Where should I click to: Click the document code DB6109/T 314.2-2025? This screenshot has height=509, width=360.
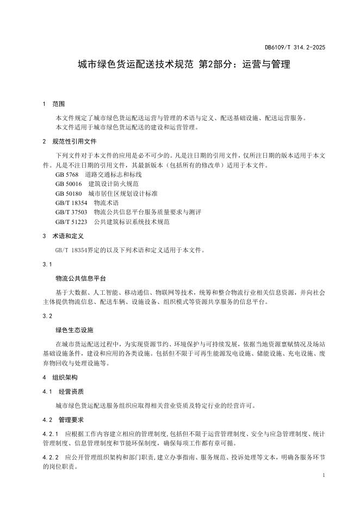click(295, 47)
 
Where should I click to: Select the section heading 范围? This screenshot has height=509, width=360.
click(59, 104)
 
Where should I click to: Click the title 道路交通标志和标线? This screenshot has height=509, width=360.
click(114, 175)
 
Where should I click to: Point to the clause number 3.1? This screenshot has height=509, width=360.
click(47, 264)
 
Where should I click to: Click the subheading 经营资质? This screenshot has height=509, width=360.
click(71, 391)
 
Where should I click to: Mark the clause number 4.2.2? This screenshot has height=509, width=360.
click(50, 457)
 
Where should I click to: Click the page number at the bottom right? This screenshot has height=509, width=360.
click(324, 475)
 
